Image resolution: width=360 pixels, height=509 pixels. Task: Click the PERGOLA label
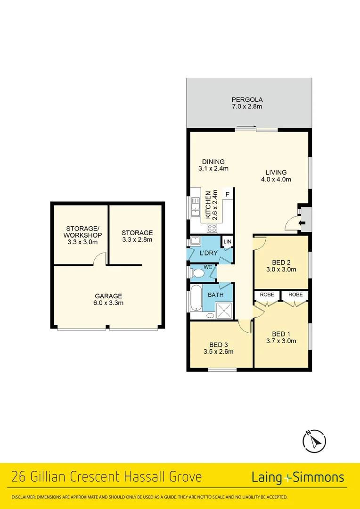coord(247,99)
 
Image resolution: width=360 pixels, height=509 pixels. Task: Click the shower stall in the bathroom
coord(224,310)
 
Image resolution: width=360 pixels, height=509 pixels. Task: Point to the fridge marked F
coord(227,194)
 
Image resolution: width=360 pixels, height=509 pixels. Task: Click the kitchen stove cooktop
coord(212,229)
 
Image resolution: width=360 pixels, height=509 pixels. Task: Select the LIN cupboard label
coord(228,241)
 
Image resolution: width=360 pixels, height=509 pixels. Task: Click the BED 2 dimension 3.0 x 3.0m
coord(285,270)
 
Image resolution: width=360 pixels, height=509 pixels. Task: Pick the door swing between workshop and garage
coord(99,259)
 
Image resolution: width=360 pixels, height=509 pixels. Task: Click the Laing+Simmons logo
coord(298,477)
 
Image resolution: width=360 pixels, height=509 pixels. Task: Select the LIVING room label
coord(276,172)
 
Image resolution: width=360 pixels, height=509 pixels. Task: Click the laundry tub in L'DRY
coord(194,242)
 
